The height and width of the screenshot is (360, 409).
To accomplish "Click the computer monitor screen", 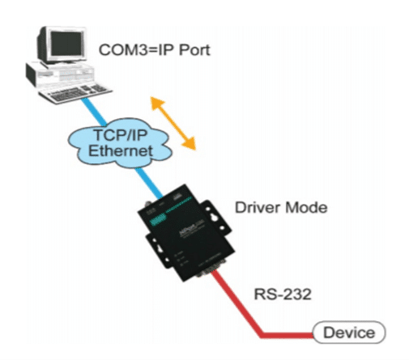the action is pos(66,44).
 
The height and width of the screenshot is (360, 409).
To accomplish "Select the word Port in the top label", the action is pos(194,50).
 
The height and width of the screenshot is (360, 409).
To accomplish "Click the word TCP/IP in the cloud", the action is pos(120,135).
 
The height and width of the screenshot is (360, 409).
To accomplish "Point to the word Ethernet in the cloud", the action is pos(121,150).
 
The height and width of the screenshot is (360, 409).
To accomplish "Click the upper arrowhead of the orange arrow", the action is pos(156,103).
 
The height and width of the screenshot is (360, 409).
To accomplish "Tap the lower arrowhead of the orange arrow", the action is pos(190,143).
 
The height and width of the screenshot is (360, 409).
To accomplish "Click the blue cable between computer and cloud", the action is pos(94,112).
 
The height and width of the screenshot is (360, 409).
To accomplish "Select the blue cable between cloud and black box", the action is pos(149,183).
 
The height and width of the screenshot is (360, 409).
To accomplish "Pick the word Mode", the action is pos(303,208).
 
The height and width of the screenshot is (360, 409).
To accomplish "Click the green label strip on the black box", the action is pos(157,219).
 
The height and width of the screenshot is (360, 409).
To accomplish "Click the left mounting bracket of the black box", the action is pos(159,250).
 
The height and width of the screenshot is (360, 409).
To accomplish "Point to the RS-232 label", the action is pos(283,294).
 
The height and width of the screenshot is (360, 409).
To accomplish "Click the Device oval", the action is pos(349,332).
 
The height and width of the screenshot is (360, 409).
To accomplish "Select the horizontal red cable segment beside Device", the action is pos(287,335).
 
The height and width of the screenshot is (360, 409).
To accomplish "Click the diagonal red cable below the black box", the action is pos(236,303).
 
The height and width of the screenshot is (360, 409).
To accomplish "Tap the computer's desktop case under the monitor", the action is pos(59,74).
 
